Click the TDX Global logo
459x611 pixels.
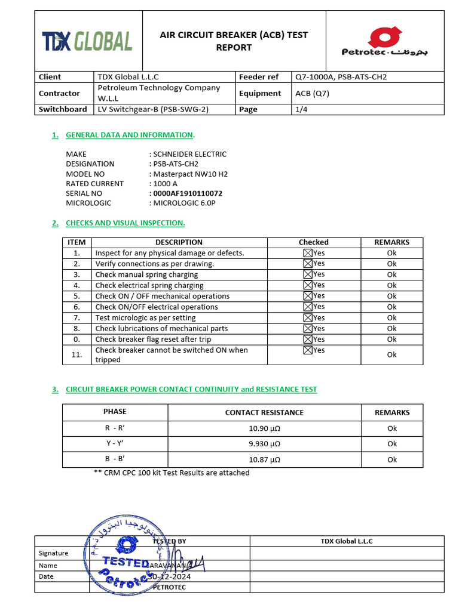pyautogui.click(x=87, y=41)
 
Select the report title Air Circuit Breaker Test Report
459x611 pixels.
pyautogui.click(x=234, y=41)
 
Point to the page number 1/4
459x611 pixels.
pyautogui.click(x=300, y=109)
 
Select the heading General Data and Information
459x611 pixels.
pyautogui.click(x=130, y=135)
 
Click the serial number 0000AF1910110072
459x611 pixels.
pyautogui.click(x=188, y=193)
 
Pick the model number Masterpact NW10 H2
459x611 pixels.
pyautogui.click(x=190, y=174)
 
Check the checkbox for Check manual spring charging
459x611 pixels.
pyautogui.click(x=308, y=274)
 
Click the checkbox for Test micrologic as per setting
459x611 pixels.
pyautogui.click(x=308, y=317)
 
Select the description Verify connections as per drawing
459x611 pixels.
pyautogui.click(x=154, y=264)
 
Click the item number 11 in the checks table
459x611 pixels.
pyautogui.click(x=76, y=354)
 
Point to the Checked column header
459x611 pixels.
pyautogui.click(x=313, y=242)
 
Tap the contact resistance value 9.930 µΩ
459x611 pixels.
pyautogui.click(x=264, y=444)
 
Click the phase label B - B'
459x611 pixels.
pyautogui.click(x=115, y=459)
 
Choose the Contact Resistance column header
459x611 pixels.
pyautogui.click(x=264, y=412)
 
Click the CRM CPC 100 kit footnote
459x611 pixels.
pyautogui.click(x=172, y=473)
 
